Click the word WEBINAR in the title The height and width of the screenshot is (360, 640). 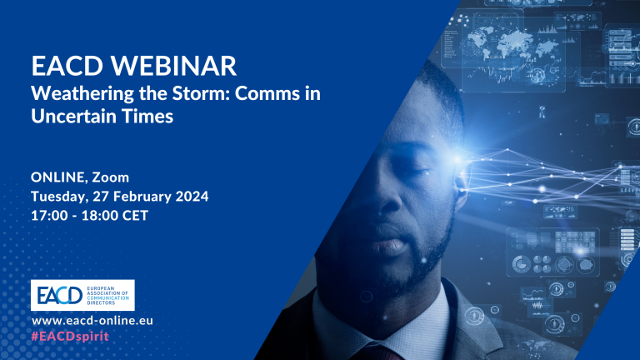coord(173,66)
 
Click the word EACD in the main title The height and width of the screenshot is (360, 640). coord(67,66)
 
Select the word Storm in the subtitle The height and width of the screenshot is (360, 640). coord(201,93)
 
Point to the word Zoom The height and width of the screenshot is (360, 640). coord(110,177)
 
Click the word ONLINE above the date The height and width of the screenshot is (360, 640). coord(58,177)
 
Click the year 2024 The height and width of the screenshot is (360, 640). coord(192,197)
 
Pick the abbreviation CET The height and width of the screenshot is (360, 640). coord(135,216)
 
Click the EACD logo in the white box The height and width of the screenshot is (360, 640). coord(82,295)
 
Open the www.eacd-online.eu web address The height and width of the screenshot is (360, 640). coord(92,321)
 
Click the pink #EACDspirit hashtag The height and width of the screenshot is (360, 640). coord(70,337)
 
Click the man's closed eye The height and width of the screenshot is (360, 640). coord(417,171)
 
